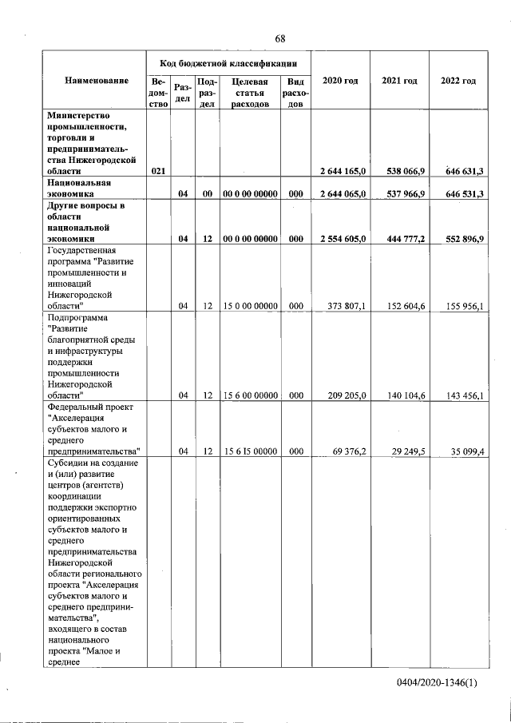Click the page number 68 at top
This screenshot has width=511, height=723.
[280, 39]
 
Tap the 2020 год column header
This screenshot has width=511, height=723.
[340, 81]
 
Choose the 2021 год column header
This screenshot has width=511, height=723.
[399, 81]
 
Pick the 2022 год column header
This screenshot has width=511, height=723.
[458, 81]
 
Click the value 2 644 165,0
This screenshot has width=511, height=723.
[342, 171]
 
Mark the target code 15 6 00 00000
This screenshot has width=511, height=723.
[250, 395]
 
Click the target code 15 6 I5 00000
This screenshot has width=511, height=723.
[250, 451]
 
